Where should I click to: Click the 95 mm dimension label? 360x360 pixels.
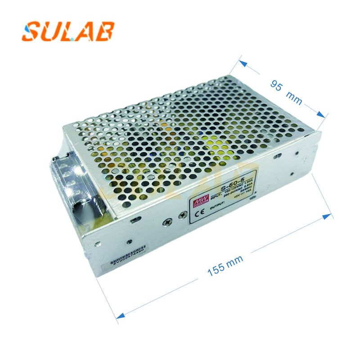point(286,90)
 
